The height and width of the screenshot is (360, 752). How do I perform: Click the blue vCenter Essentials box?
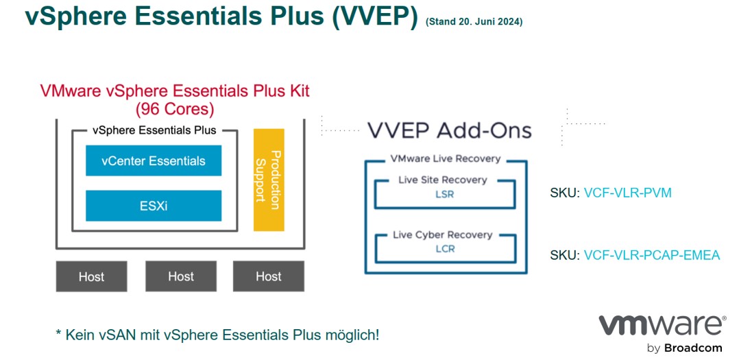pyautogui.click(x=154, y=160)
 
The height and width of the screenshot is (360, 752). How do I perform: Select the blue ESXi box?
pyautogui.click(x=154, y=206)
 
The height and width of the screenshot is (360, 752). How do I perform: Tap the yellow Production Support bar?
pyautogui.click(x=269, y=180)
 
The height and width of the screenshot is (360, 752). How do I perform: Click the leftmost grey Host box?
pyautogui.click(x=92, y=276)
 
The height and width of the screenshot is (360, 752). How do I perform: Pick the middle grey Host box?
pyautogui.click(x=181, y=276)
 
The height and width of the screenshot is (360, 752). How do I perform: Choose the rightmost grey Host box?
pyautogui.click(x=269, y=276)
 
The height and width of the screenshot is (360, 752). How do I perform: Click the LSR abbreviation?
pyautogui.click(x=445, y=195)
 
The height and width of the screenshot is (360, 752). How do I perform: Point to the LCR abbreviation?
pyautogui.click(x=445, y=249)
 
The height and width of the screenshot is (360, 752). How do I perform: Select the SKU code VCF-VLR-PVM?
pyautogui.click(x=628, y=193)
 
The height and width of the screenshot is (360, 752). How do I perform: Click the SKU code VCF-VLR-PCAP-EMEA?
pyautogui.click(x=652, y=255)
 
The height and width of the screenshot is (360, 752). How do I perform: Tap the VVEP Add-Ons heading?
pyautogui.click(x=450, y=130)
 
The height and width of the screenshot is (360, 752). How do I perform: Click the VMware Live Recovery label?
pyautogui.click(x=446, y=158)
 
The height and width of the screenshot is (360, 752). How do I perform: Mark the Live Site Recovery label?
pyautogui.click(x=443, y=180)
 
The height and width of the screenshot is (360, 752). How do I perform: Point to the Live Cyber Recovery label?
pyautogui.click(x=443, y=235)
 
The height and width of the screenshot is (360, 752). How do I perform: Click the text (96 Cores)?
pyautogui.click(x=175, y=110)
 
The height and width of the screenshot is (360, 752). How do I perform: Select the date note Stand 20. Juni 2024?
pyautogui.click(x=474, y=22)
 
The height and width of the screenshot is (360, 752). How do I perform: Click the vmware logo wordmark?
pyautogui.click(x=661, y=326)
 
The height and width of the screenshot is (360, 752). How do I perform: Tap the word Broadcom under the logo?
pyautogui.click(x=693, y=348)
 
